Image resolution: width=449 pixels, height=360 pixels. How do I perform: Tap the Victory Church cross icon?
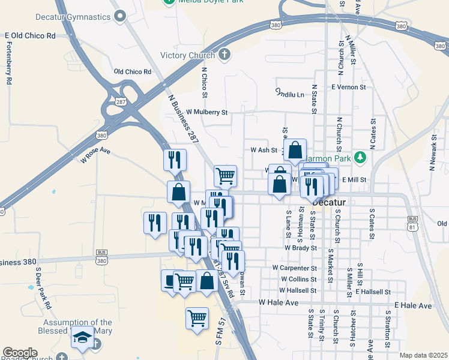(224, 56)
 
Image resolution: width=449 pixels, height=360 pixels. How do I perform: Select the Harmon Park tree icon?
(360, 157)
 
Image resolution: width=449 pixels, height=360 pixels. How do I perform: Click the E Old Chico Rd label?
(30, 36)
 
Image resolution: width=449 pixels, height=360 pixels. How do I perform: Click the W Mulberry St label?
(206, 112)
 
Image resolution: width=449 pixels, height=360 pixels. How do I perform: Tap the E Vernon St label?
(348, 88)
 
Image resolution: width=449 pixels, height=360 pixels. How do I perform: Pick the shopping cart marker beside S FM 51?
(197, 318)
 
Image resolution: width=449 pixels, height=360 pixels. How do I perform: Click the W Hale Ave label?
(278, 303)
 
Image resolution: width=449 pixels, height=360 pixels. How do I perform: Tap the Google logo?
(20, 353)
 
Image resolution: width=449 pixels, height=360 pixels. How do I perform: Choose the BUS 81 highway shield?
(412, 223)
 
